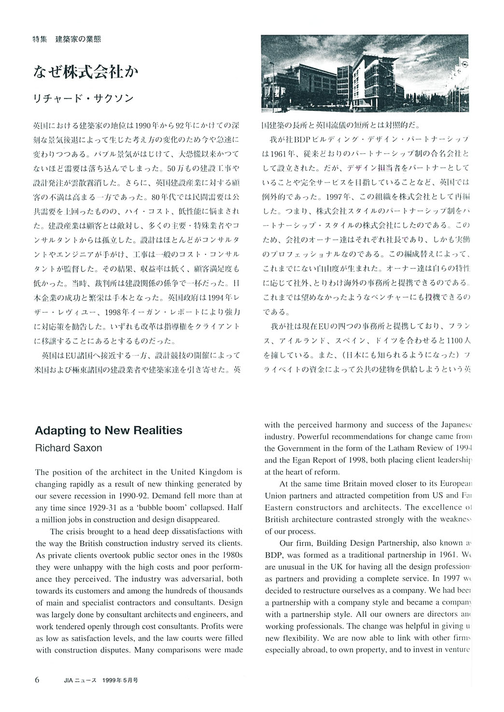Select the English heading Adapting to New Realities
tap(109, 430)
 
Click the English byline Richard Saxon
tap(69, 448)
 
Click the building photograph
tap(364, 73)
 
